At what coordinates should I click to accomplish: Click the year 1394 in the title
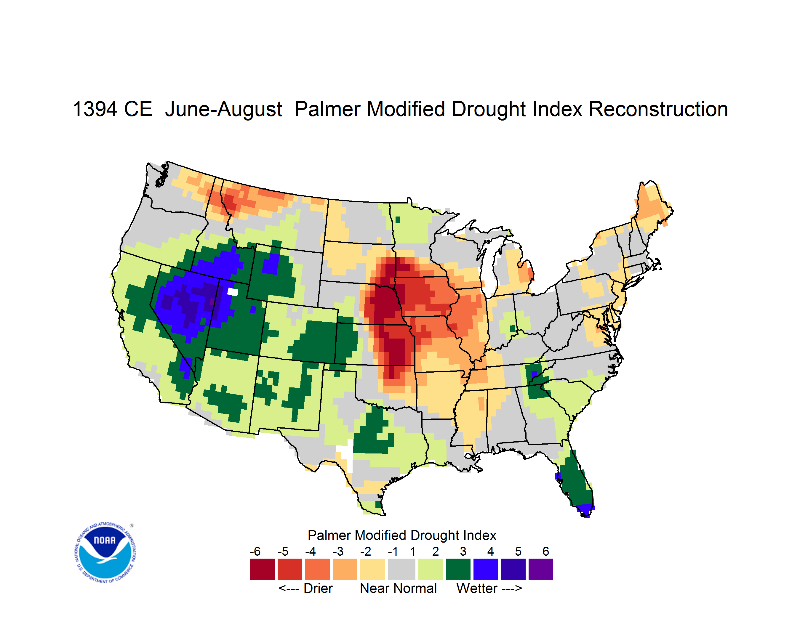click(95, 109)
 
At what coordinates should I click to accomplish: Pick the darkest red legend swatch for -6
click(262, 569)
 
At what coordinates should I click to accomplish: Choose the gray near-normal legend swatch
click(401, 569)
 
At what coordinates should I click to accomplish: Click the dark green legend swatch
click(458, 569)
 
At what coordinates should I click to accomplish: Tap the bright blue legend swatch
click(486, 569)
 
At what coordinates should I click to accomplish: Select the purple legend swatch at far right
click(541, 569)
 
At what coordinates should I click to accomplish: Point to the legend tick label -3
click(338, 551)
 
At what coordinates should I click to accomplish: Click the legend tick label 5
click(518, 551)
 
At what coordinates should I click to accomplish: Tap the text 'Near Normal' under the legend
click(398, 588)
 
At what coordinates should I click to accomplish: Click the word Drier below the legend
click(318, 588)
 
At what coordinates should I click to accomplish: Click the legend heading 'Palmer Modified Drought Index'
click(402, 535)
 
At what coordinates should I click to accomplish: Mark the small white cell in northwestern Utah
click(233, 292)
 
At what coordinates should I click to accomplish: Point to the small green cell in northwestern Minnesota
click(398, 220)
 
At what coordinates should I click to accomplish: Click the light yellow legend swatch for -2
click(372, 569)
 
